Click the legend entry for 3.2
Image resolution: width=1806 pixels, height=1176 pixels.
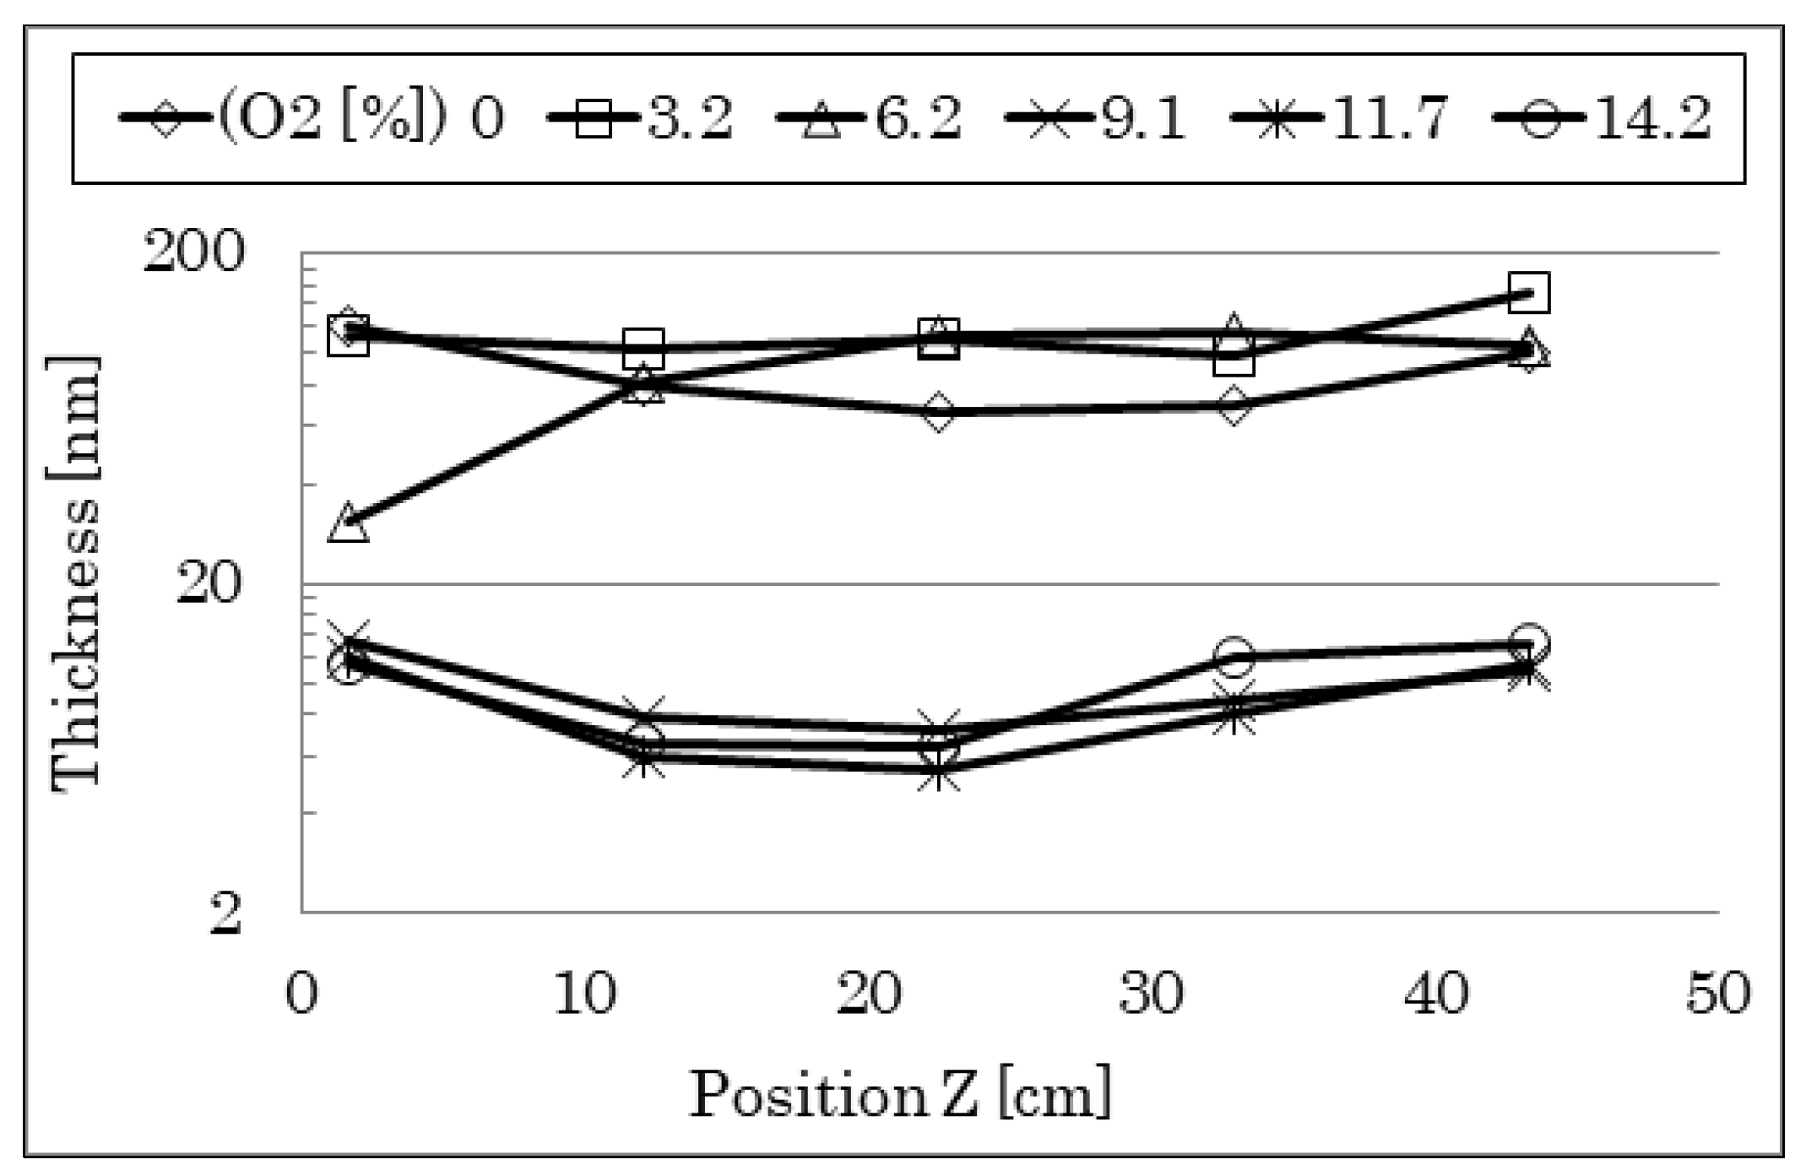click(641, 118)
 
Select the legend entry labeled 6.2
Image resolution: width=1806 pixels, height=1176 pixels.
click(869, 118)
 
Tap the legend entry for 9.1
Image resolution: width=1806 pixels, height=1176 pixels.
click(1096, 118)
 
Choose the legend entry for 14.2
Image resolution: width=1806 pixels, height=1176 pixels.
click(1602, 118)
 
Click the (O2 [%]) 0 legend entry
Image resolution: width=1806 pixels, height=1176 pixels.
click(312, 118)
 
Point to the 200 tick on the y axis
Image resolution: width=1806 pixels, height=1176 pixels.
click(194, 252)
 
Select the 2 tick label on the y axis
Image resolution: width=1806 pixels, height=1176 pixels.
click(225, 913)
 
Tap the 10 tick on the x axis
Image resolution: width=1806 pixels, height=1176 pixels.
click(585, 994)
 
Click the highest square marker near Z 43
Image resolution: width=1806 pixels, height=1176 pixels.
click(1528, 293)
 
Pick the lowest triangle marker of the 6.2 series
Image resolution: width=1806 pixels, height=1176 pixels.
click(349, 523)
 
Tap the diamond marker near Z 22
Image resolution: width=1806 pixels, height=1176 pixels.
click(939, 412)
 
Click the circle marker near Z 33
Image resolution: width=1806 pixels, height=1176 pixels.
click(1234, 657)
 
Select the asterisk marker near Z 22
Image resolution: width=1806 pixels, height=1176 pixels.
click(939, 770)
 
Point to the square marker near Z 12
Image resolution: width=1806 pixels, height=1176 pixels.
click(643, 349)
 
